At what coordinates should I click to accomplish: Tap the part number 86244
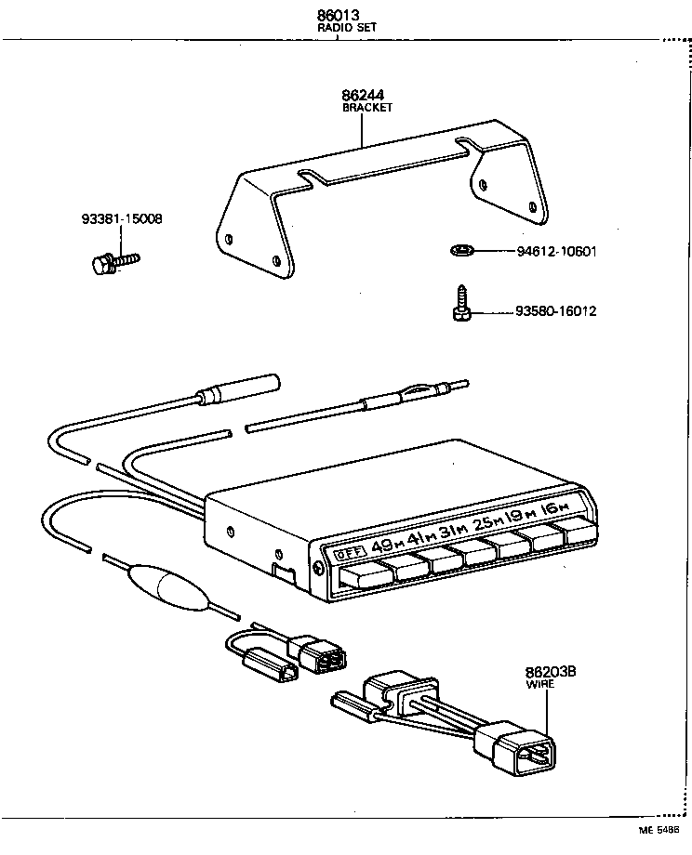(364, 95)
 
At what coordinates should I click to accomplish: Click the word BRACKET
(367, 108)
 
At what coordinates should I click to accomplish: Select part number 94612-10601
(555, 251)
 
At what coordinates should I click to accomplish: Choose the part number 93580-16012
(555, 311)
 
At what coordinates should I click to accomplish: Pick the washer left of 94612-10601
(461, 250)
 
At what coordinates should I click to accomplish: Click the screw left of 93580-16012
(460, 305)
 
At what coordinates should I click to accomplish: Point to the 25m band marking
(486, 523)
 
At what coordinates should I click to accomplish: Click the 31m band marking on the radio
(453, 531)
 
